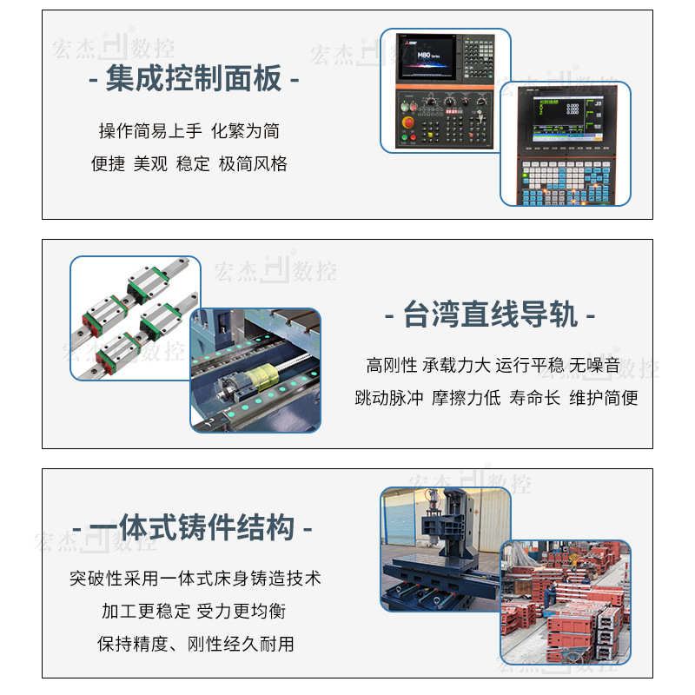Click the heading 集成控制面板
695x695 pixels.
pyautogui.click(x=194, y=80)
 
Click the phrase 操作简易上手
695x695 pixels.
pyautogui.click(x=150, y=131)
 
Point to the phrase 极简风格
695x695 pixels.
pyautogui.click(x=253, y=163)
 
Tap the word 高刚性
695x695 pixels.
pyautogui.click(x=392, y=366)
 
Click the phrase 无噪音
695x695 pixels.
pyautogui.click(x=595, y=366)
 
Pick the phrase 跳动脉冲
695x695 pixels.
pyautogui.click(x=389, y=398)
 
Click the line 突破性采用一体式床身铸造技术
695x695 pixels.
pyautogui.click(x=195, y=579)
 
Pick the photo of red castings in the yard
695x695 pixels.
pyautogui.click(x=565, y=599)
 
